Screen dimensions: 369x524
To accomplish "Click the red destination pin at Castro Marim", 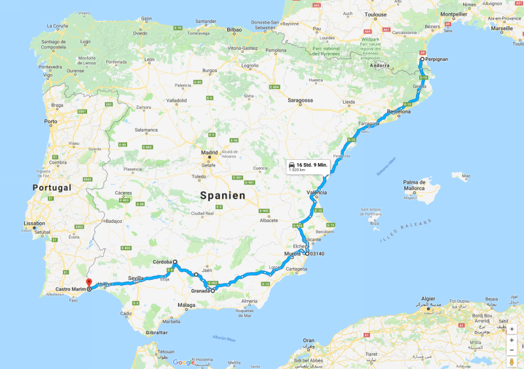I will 88,283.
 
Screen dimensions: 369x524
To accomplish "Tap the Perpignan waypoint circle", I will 422,59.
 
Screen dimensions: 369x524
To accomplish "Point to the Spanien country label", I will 223,195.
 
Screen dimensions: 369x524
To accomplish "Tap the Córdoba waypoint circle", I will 175,262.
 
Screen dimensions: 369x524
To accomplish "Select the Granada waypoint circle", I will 213,290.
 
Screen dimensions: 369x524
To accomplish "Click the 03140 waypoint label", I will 317,254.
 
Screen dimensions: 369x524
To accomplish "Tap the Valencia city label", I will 317,193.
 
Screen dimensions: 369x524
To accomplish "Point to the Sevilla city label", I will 136,278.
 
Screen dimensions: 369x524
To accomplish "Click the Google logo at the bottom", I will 183,362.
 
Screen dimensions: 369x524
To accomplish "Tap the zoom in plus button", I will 512,340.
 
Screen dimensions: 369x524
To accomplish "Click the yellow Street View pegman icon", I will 512,362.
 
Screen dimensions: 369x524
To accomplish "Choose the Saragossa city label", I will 298,100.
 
